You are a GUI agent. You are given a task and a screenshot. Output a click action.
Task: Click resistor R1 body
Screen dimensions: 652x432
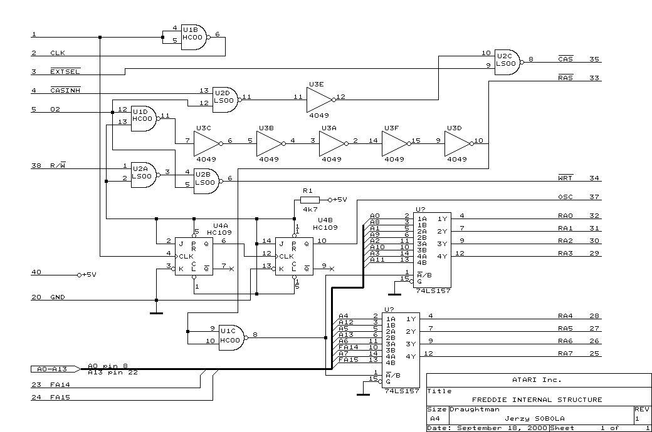point(310,200)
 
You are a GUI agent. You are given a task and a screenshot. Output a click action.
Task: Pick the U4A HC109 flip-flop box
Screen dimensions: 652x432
point(194,256)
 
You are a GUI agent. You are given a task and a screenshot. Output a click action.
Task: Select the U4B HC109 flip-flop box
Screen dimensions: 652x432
point(294,256)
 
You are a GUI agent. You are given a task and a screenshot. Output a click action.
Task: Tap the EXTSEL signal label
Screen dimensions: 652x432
point(65,71)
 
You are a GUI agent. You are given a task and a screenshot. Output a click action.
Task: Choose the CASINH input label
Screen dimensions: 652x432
point(65,90)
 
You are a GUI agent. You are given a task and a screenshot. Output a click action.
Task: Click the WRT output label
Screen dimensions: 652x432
point(565,178)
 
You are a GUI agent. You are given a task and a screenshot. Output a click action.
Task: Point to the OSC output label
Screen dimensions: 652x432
point(565,197)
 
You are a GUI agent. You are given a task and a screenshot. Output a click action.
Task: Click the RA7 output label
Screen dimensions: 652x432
point(565,353)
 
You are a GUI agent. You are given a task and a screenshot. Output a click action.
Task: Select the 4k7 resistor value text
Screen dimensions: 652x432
point(310,209)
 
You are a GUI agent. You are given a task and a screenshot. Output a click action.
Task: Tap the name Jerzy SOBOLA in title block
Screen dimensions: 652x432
point(534,418)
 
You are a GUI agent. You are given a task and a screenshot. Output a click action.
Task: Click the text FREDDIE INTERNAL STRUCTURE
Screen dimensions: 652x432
point(537,399)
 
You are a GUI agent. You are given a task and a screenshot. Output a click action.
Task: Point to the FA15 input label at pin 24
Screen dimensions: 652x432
point(60,397)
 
